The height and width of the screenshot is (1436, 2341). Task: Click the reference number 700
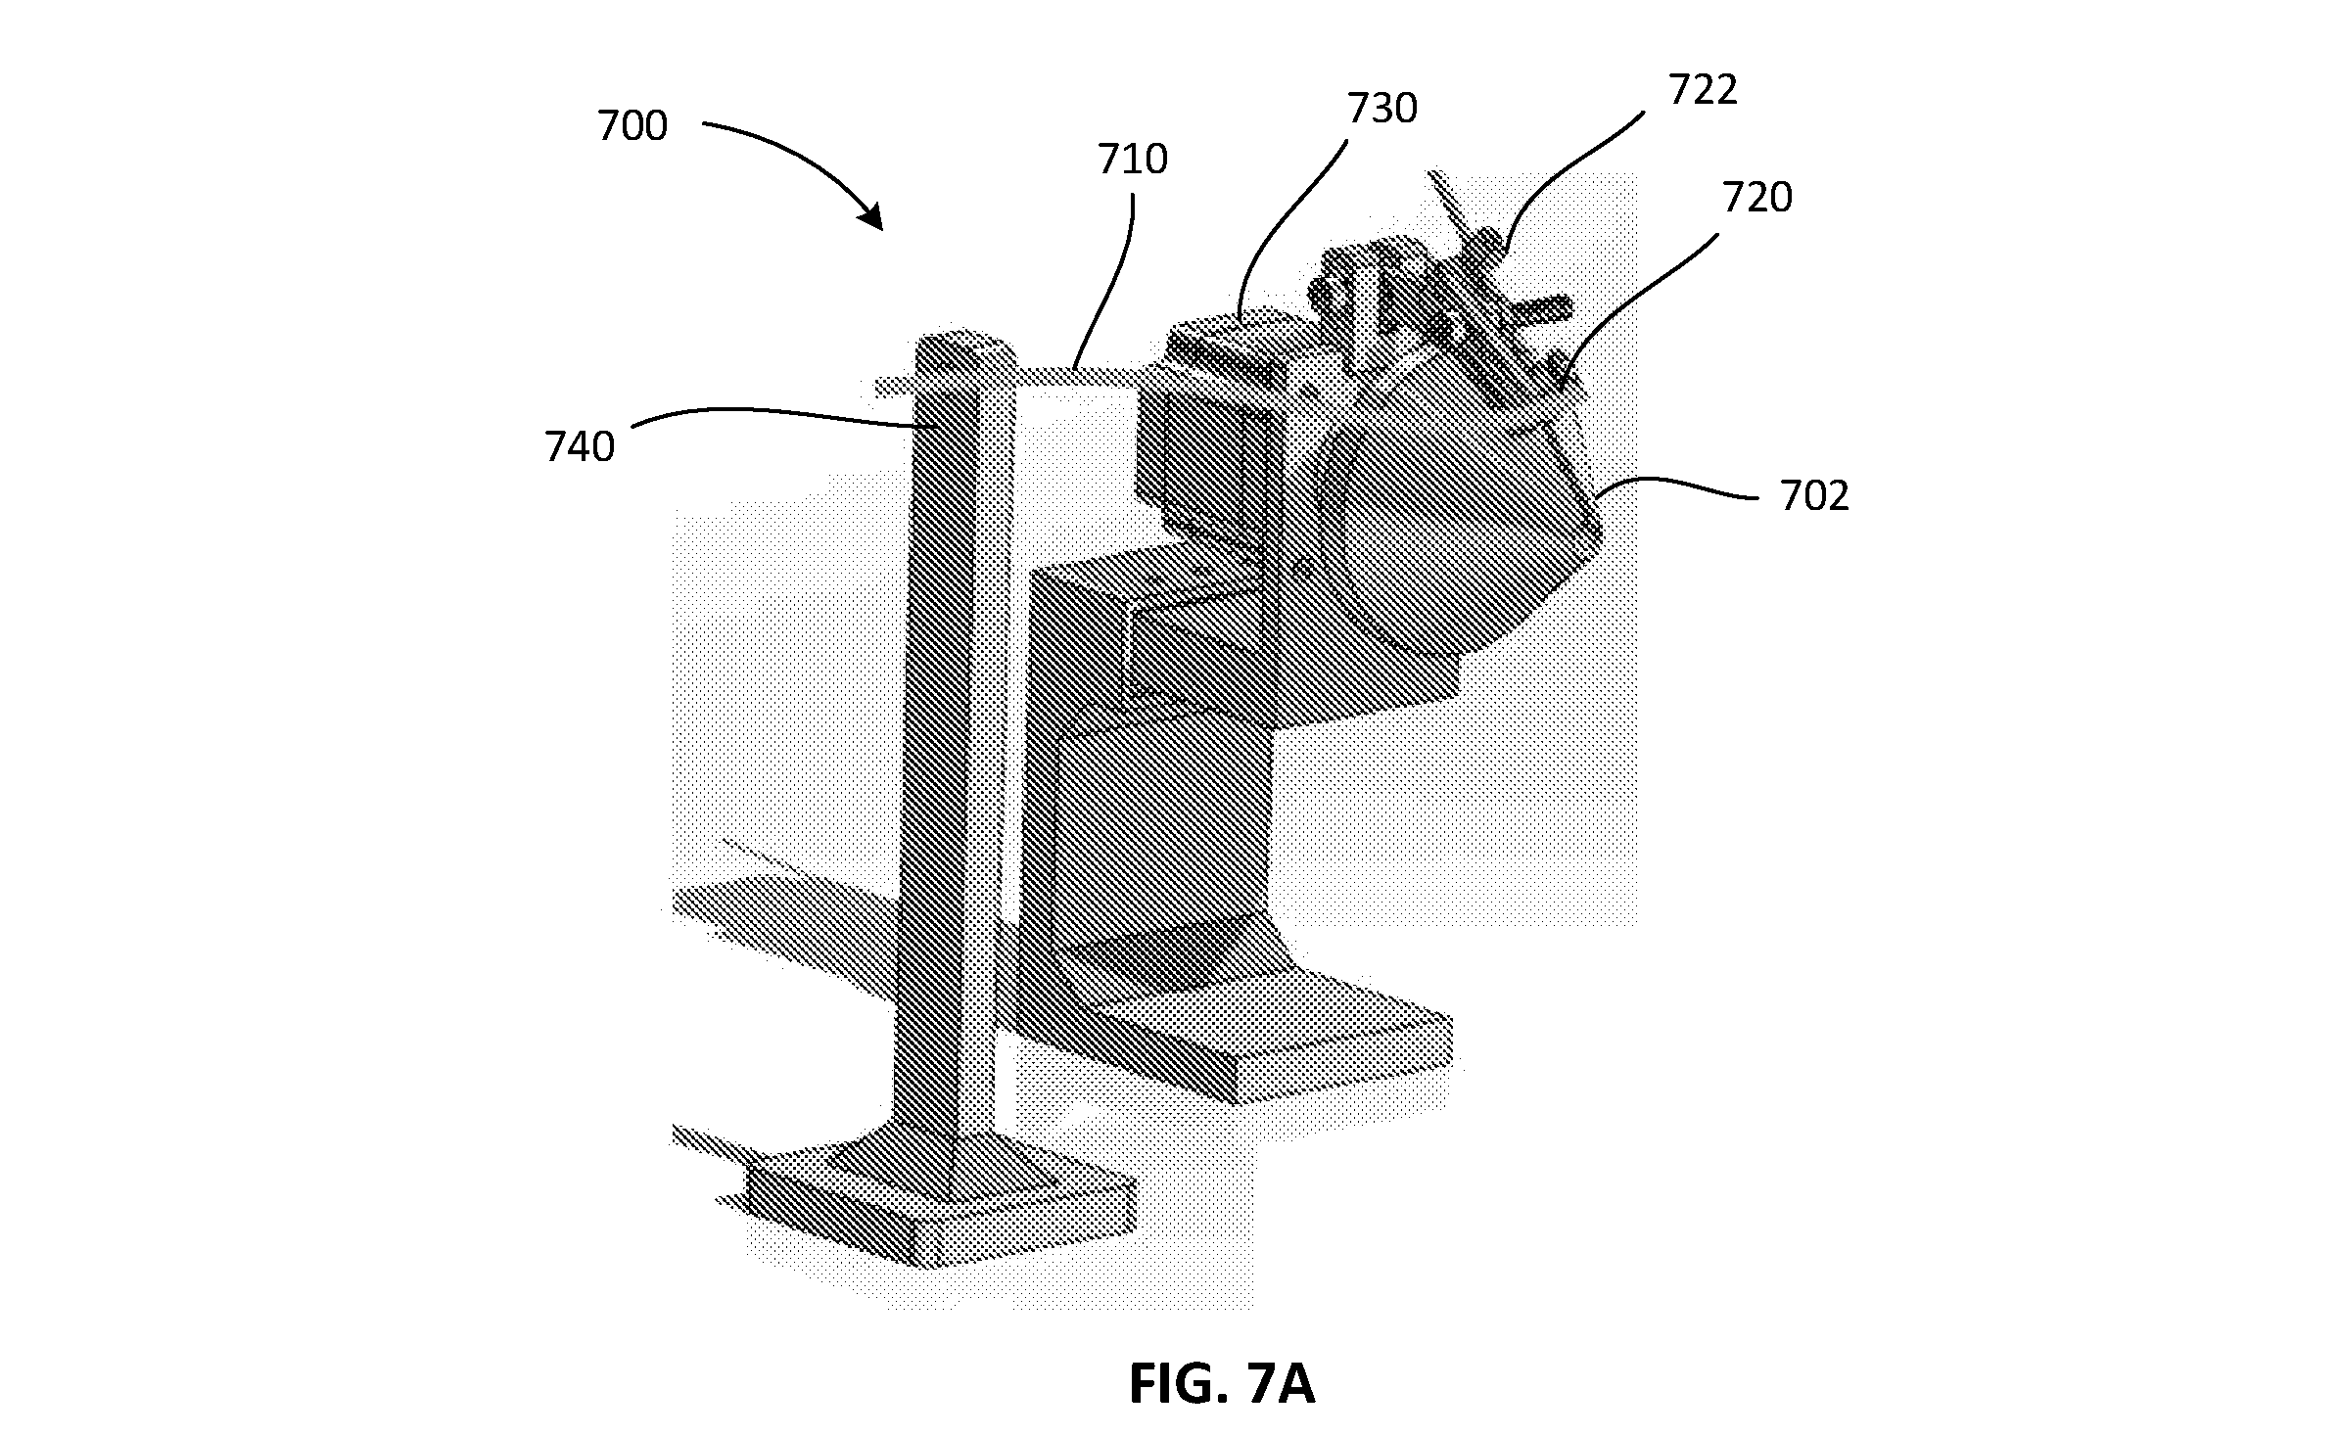click(x=632, y=126)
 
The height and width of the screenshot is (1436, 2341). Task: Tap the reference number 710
click(x=1133, y=160)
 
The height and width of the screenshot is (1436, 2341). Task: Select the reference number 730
click(x=1381, y=109)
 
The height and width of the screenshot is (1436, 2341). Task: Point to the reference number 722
click(x=1703, y=90)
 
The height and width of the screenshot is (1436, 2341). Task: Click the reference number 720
click(x=1757, y=198)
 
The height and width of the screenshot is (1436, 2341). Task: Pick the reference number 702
click(x=1814, y=496)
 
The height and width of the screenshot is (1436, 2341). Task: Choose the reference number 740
click(x=580, y=447)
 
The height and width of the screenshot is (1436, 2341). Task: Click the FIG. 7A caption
click(x=1221, y=1384)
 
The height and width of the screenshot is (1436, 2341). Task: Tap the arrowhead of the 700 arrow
click(x=870, y=216)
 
